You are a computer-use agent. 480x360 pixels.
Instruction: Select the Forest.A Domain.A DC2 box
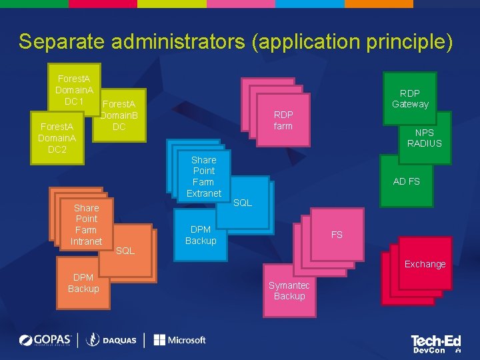(57, 137)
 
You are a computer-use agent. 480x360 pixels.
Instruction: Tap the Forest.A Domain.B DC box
(119, 115)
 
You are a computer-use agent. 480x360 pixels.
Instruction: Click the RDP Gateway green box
(410, 99)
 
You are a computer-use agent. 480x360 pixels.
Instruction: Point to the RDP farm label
(283, 121)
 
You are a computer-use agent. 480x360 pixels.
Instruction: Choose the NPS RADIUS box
(424, 138)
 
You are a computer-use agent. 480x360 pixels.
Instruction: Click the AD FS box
(406, 181)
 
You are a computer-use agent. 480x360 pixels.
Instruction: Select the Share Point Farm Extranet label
(203, 177)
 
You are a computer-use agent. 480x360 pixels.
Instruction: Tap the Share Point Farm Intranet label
(86, 225)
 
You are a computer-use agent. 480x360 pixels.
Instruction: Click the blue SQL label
(243, 203)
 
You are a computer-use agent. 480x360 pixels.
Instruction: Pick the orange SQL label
(125, 251)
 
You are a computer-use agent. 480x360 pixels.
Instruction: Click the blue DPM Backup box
(201, 235)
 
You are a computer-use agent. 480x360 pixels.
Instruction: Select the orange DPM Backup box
(83, 283)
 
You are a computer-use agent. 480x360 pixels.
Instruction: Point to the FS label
(337, 235)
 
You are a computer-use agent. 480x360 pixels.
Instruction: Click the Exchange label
(425, 264)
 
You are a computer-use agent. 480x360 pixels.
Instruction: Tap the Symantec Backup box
(289, 291)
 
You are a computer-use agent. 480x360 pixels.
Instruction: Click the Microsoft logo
(179, 340)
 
